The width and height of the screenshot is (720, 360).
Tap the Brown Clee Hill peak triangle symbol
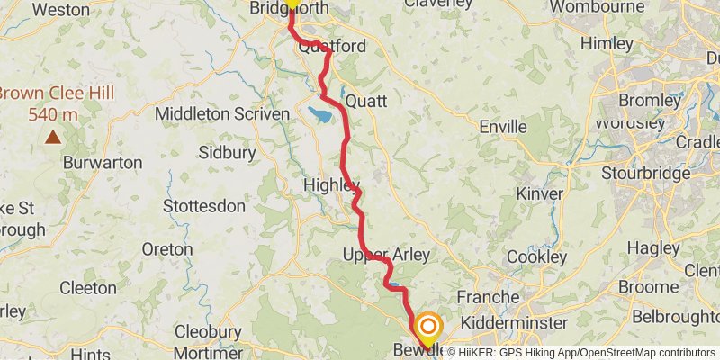[x=53, y=138]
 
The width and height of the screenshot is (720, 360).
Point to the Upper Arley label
[x=385, y=256]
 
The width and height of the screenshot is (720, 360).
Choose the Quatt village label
[x=366, y=100]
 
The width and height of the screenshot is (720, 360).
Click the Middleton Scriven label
[x=222, y=114]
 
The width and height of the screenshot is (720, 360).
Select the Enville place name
[x=502, y=127]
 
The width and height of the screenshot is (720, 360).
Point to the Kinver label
[x=539, y=193]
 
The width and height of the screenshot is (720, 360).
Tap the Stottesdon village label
[x=204, y=206]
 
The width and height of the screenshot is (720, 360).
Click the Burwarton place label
[x=103, y=163]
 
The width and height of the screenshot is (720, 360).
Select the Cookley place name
[x=536, y=256]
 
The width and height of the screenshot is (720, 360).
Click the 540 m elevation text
[x=53, y=114]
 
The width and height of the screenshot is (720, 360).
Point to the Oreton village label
[x=166, y=248]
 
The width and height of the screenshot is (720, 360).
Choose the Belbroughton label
[x=676, y=316]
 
